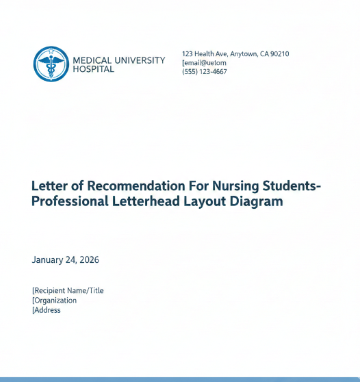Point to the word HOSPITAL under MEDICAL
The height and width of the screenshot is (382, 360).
pyautogui.click(x=93, y=69)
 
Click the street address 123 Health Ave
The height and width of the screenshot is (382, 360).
pyautogui.click(x=207, y=54)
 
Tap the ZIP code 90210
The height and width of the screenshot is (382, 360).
pyautogui.click(x=279, y=54)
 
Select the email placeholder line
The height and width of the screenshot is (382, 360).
pyautogui.click(x=205, y=63)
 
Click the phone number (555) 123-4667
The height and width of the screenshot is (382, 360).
pyautogui.click(x=205, y=72)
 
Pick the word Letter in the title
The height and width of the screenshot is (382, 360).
pyautogui.click(x=49, y=186)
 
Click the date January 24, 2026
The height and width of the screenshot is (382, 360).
pyautogui.click(x=65, y=260)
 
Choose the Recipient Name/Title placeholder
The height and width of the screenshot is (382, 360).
pyautogui.click(x=68, y=290)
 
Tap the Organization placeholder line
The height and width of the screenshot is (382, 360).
pyautogui.click(x=55, y=300)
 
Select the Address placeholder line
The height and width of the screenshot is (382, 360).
pyautogui.click(x=47, y=310)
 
